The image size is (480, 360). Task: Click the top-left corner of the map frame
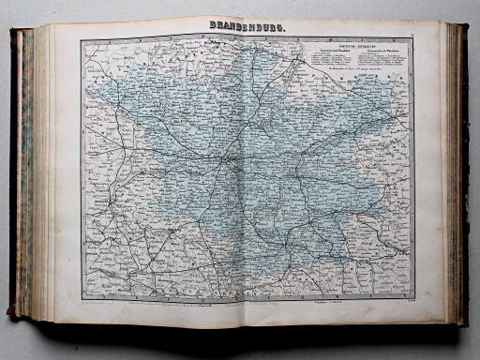[x=81, y=39]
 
